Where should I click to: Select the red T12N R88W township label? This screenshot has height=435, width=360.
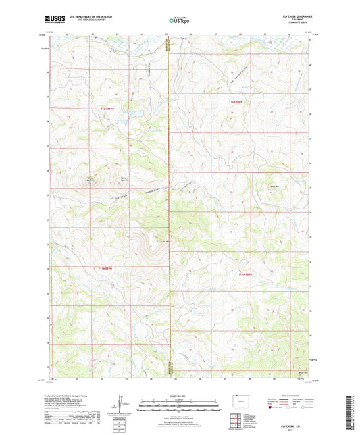click(234, 102)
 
